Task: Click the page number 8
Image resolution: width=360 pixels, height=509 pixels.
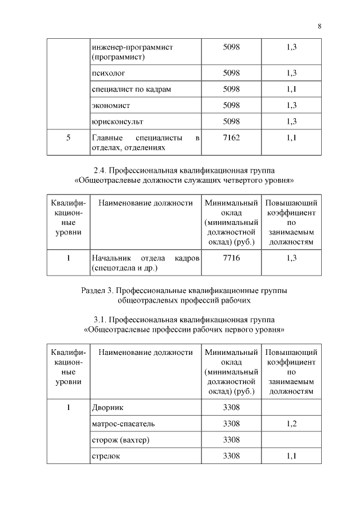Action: pos(319,26)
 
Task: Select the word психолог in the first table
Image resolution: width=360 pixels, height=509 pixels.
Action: pos(107,73)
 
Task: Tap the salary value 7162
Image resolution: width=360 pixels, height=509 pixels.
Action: pos(231,137)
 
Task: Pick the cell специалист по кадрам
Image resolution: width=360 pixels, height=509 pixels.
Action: pos(131,89)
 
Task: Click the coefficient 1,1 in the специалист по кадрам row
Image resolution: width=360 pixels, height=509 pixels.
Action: pos(291,89)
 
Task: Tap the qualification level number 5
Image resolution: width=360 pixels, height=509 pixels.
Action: pos(68,137)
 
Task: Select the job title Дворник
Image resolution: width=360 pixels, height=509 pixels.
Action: pos(107,407)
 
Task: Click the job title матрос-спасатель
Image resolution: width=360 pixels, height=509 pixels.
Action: pos(123,424)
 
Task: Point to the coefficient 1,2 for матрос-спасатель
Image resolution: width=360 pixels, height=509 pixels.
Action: pos(291,424)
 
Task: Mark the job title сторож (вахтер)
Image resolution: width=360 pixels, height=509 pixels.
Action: pos(121,439)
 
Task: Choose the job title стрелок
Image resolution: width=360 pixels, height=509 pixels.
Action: pos(106,456)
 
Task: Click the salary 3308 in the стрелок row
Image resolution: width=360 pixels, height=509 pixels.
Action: pos(231,456)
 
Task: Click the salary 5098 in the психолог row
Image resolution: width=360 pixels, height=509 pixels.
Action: pos(231,73)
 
